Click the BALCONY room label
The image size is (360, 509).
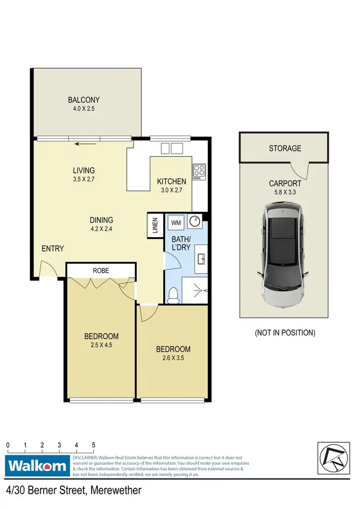[x=84, y=100]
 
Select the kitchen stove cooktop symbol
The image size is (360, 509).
[x=199, y=171]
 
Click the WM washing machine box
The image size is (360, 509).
[x=176, y=222]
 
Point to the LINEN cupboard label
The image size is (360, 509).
[x=155, y=226]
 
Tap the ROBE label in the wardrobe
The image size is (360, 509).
[x=101, y=270]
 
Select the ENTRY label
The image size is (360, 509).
[x=52, y=248]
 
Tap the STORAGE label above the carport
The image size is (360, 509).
[x=285, y=148]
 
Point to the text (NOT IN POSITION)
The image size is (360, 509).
[x=285, y=332]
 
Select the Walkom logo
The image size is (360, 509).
[x=37, y=466]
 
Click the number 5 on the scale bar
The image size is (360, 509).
[x=94, y=445]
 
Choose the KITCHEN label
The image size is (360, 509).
[x=171, y=182]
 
